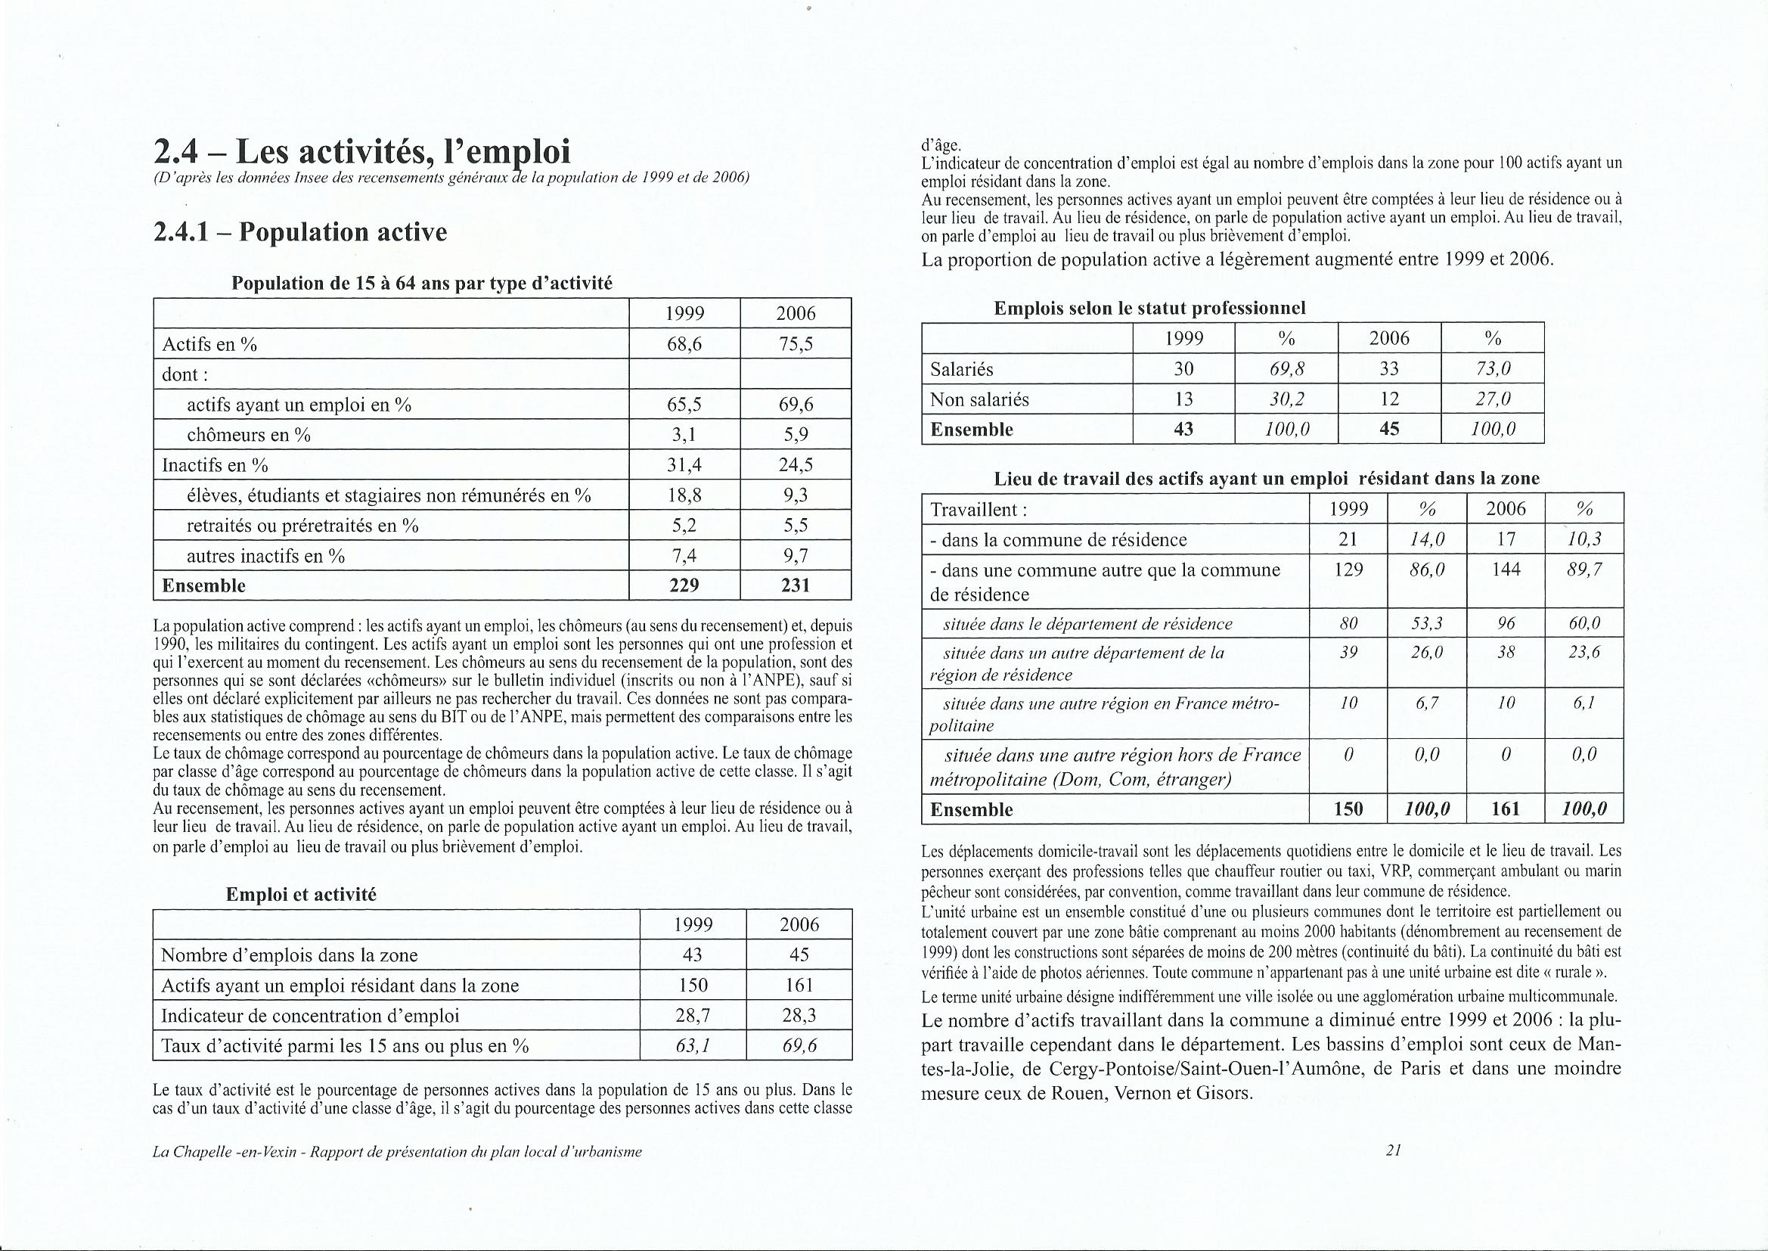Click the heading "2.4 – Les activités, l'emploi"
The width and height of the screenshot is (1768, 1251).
362,152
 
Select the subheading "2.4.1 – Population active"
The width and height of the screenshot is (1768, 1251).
300,232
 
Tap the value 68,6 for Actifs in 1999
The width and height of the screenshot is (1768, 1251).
684,344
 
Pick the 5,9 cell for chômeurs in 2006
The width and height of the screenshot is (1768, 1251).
795,435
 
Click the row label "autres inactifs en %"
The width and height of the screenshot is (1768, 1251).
265,556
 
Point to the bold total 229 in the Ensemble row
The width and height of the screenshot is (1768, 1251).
684,585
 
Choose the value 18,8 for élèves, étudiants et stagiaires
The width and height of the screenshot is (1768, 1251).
684,495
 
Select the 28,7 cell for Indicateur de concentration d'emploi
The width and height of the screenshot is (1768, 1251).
692,1015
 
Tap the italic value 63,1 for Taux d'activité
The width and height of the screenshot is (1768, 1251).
692,1045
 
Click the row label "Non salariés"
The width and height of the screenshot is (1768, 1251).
969,399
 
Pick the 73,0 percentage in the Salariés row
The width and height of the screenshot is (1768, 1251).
1491,369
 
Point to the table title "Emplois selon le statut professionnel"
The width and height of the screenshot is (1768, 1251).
1149,308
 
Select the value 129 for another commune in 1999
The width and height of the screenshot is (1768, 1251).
1348,571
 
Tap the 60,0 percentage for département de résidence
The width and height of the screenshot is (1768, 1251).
1584,623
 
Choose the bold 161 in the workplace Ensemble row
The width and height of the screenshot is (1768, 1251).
1506,809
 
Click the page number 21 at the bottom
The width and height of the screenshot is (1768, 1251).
1392,1152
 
